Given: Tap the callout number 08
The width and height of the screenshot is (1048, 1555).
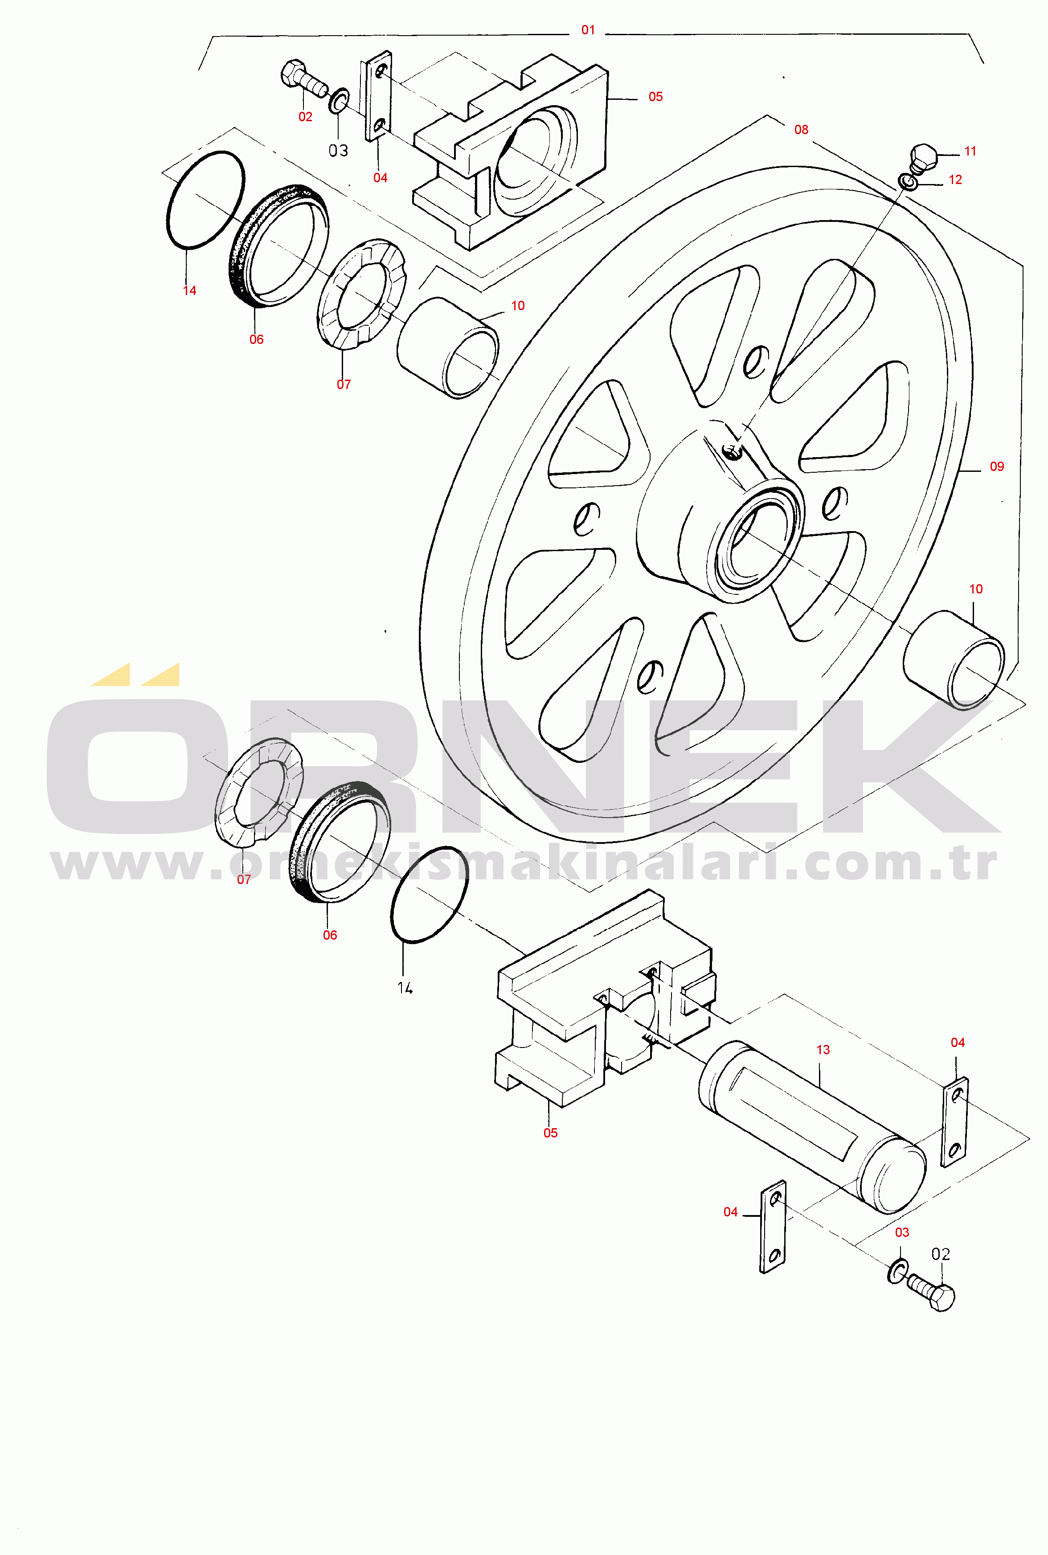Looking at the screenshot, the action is pyautogui.click(x=801, y=130).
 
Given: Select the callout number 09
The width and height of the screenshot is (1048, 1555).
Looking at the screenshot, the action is pyautogui.click(x=996, y=466).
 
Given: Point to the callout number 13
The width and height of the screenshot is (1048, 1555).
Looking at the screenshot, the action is pyautogui.click(x=823, y=1050).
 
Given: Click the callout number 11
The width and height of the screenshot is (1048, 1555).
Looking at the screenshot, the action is pyautogui.click(x=970, y=151).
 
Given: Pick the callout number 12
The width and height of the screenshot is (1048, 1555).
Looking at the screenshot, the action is pyautogui.click(x=955, y=180).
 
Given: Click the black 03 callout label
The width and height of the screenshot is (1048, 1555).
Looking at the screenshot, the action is pyautogui.click(x=338, y=151).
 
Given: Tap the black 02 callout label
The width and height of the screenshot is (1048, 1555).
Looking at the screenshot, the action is pyautogui.click(x=940, y=1254).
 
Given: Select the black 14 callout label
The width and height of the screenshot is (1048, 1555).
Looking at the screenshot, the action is pyautogui.click(x=405, y=988).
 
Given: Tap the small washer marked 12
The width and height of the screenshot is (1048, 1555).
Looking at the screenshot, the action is pyautogui.click(x=908, y=181).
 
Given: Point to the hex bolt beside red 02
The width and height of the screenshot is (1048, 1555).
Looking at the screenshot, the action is pyautogui.click(x=304, y=79).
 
